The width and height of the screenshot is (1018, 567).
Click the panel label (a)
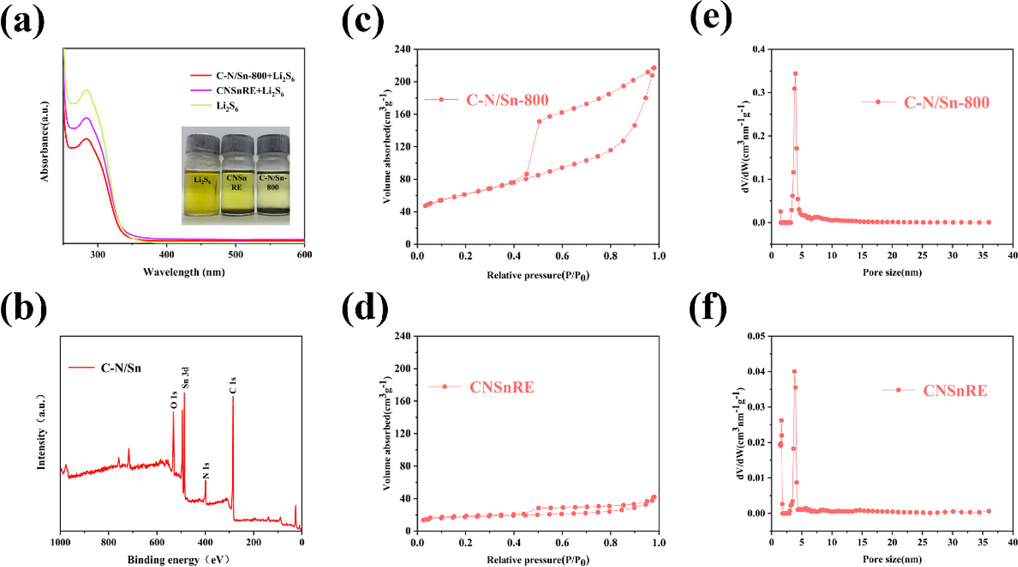[22, 22]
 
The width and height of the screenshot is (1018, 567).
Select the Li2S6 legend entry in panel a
[227, 106]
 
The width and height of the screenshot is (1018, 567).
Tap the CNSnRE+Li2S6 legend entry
[249, 91]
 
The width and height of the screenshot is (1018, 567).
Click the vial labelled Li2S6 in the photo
[202, 178]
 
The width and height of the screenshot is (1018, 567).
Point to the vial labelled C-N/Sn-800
[273, 178]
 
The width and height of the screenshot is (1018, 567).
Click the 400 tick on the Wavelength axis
[166, 255]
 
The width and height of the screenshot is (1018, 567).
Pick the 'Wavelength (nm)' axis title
[184, 272]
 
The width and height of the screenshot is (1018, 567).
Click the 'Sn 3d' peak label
[186, 378]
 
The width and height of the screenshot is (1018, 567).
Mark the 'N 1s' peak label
[206, 470]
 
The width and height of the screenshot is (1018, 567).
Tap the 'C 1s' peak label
[233, 386]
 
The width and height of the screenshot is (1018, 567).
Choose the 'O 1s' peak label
[174, 400]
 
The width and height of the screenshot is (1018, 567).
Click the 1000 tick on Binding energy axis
[60, 542]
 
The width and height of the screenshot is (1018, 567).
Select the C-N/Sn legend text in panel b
[121, 368]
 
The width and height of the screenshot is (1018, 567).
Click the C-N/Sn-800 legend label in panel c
[507, 100]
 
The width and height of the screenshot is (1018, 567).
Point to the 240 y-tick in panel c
[403, 49]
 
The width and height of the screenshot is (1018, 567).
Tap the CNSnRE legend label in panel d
[502, 387]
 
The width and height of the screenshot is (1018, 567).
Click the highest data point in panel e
[795, 74]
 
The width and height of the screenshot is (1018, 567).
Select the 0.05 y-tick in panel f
[756, 336]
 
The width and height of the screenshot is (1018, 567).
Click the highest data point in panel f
[794, 371]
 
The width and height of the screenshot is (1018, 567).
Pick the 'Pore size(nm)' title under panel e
[892, 272]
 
